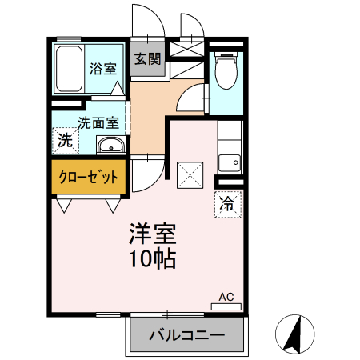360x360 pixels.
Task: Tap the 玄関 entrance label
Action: (x=147, y=58)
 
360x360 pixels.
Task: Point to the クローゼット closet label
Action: (x=89, y=177)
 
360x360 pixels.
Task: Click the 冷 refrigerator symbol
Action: (x=227, y=203)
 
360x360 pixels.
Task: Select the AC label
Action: (x=226, y=297)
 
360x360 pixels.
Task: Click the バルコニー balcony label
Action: (x=186, y=335)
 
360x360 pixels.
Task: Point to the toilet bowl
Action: (x=226, y=72)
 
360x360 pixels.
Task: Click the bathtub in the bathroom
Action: (x=69, y=69)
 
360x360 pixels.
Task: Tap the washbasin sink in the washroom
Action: (x=110, y=145)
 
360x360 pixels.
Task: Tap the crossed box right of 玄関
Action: (x=185, y=50)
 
